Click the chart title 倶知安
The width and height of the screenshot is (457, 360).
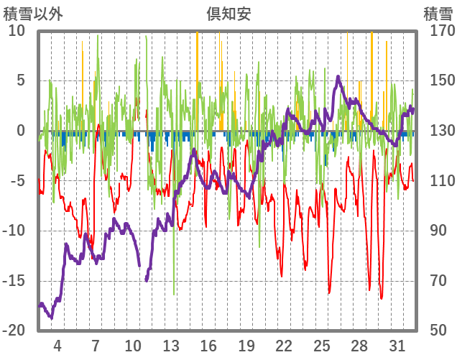[228, 14]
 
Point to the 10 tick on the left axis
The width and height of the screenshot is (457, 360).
[17, 31]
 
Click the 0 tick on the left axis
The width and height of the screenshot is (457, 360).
[20, 131]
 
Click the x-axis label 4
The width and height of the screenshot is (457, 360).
[57, 345]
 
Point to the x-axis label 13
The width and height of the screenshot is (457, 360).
[171, 345]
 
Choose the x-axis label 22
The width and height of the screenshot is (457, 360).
[285, 345]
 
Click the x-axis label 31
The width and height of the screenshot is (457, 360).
[397, 345]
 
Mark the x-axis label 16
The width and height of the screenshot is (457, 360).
[208, 345]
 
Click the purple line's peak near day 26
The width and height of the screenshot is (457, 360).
[338, 77]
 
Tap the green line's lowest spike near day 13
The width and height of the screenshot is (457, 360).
[174, 293]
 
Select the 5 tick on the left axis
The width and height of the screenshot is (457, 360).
[20, 81]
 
